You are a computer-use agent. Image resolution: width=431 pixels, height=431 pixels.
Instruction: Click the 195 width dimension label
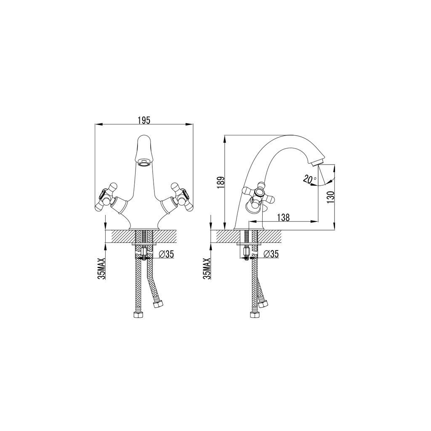tap(144, 120)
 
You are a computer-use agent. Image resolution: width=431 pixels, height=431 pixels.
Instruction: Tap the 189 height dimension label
tap(221, 183)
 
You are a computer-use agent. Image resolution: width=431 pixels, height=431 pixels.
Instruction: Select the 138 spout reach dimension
tap(283, 218)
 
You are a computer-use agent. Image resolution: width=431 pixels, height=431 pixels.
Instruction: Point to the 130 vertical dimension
tap(330, 197)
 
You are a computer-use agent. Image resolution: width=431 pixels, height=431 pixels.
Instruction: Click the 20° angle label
tap(309, 179)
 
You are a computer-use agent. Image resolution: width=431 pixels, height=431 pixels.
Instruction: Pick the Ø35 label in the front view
tap(166, 254)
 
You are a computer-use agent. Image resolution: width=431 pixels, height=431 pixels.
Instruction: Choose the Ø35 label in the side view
tap(271, 254)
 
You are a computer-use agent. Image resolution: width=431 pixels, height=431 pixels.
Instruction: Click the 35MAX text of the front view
tap(102, 269)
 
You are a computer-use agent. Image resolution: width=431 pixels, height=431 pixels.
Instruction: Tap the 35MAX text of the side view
tap(207, 269)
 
